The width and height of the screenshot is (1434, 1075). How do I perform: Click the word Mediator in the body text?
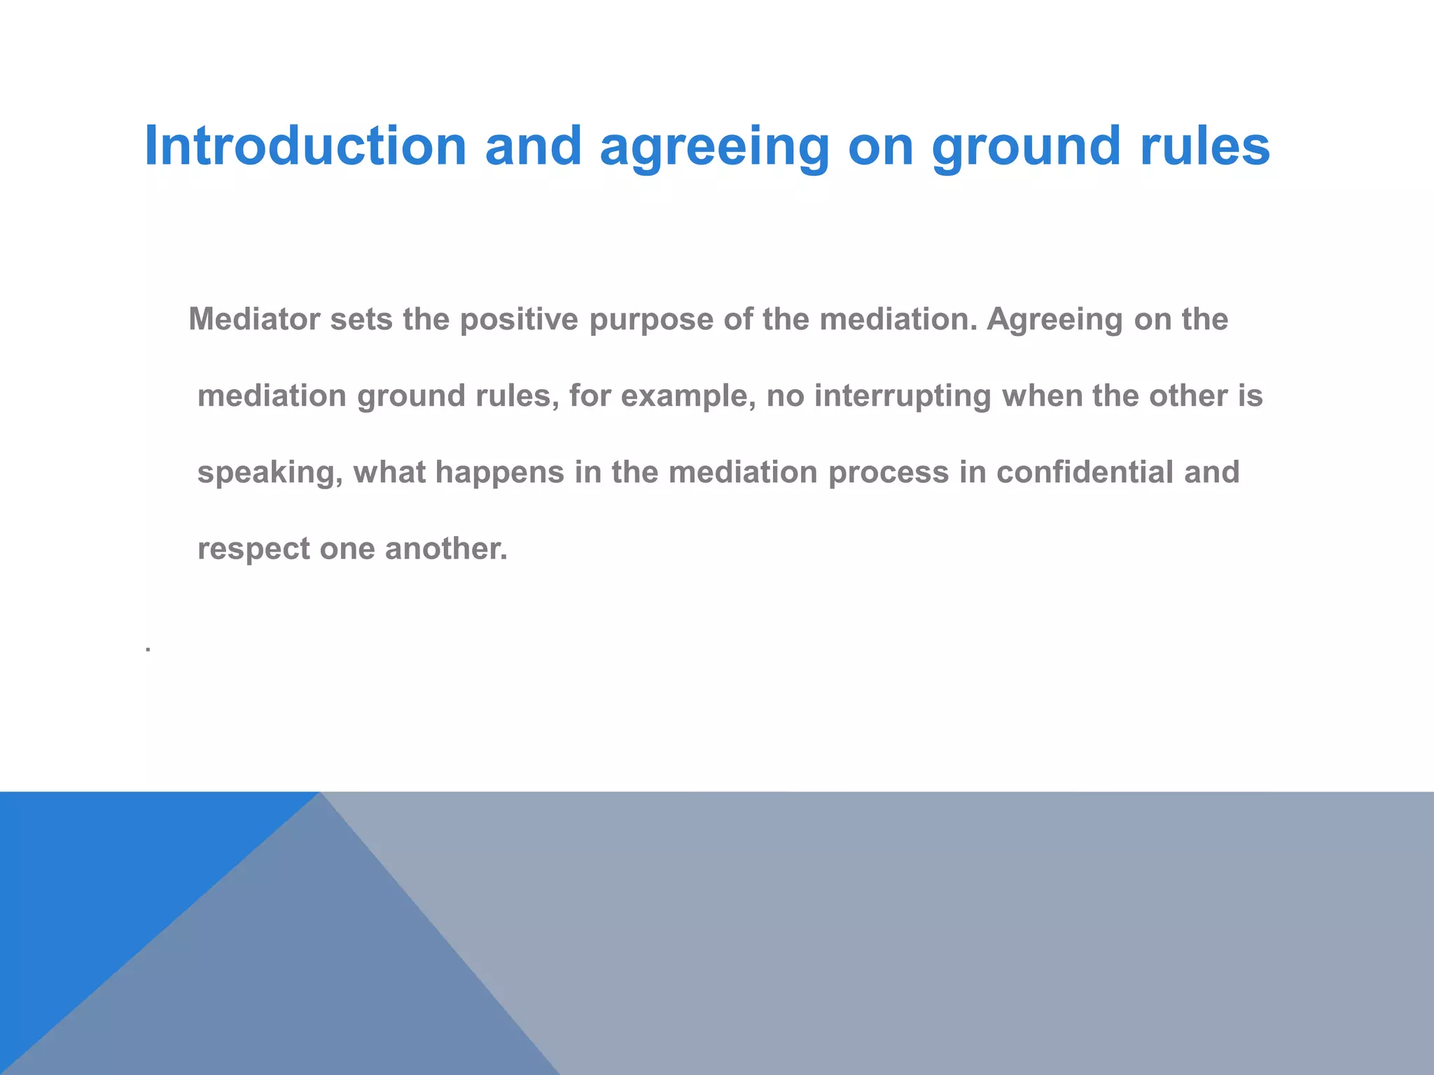(254, 319)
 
